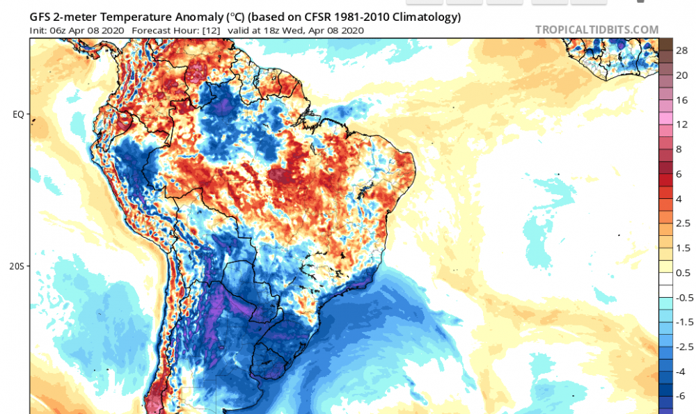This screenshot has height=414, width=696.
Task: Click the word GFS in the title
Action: point(40,16)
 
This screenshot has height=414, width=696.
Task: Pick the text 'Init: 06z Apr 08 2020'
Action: point(77,31)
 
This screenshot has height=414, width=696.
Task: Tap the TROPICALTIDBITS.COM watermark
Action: point(596,30)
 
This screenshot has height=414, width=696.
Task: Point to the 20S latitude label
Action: point(18,266)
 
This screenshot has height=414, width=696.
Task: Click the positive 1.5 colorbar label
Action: point(682,248)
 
